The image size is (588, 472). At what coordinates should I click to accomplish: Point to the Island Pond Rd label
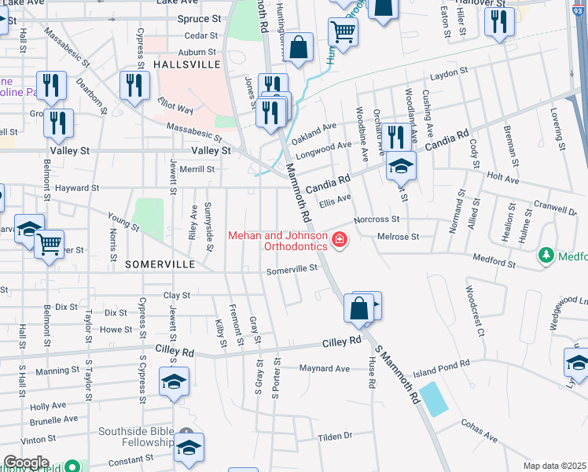click(x=441, y=363)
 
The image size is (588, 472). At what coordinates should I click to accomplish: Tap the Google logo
click(x=27, y=463)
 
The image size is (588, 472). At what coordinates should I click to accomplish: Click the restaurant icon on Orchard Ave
click(x=395, y=137)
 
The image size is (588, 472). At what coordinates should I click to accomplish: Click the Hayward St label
click(x=77, y=188)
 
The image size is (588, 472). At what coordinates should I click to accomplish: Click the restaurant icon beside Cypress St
click(x=134, y=85)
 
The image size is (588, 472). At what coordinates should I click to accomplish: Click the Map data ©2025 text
click(x=554, y=466)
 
